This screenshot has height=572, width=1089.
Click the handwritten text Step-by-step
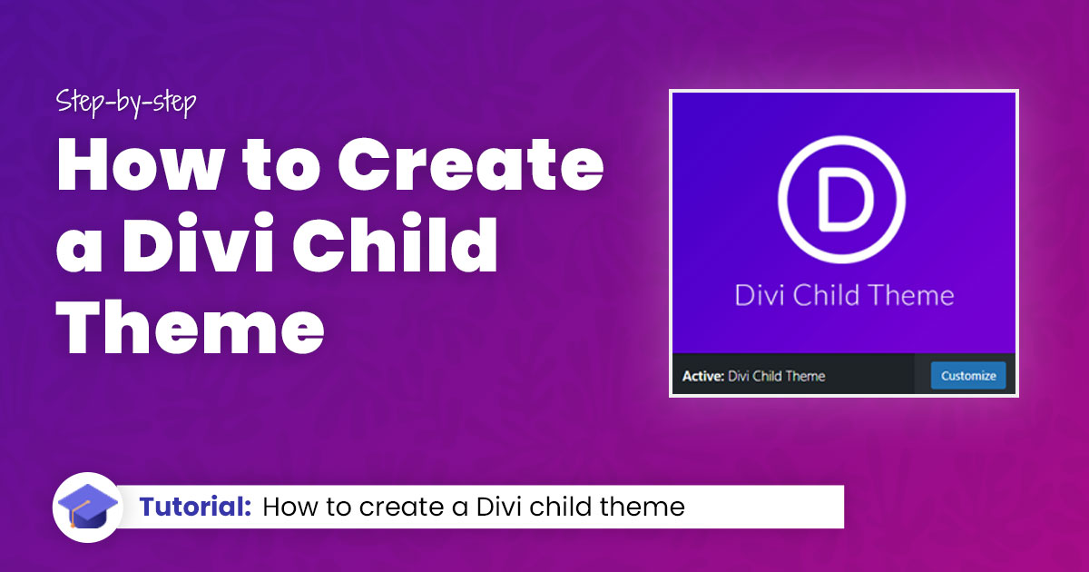(x=126, y=103)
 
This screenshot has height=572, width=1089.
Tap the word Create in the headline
(x=471, y=164)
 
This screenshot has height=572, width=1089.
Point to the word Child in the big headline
(x=396, y=242)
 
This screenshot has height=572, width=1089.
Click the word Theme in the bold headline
(x=190, y=326)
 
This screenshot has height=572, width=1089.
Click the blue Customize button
(x=968, y=376)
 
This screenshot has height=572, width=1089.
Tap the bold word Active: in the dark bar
(x=703, y=376)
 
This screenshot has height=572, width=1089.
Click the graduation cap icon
(x=87, y=507)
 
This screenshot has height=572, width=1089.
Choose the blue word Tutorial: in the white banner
(x=195, y=507)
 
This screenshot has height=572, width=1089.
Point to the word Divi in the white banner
(x=498, y=507)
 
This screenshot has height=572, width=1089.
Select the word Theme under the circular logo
(x=911, y=295)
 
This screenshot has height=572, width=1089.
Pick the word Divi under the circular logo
(x=759, y=295)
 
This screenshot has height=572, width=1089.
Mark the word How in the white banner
(x=290, y=507)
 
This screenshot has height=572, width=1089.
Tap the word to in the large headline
(x=281, y=165)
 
